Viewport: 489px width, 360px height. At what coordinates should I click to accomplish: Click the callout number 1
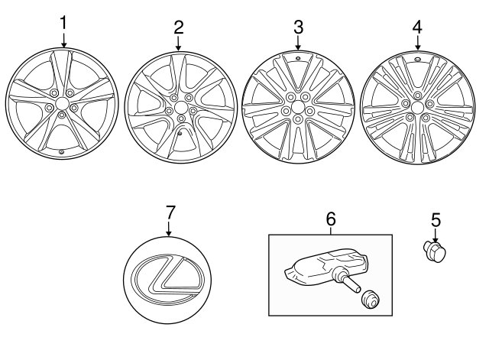tap(63, 24)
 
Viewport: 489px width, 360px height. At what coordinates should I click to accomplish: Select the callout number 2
tap(178, 27)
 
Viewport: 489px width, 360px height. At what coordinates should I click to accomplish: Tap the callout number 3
tap(298, 27)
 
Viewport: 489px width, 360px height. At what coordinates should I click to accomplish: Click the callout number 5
tap(436, 220)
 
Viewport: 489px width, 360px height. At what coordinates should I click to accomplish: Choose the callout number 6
tap(331, 219)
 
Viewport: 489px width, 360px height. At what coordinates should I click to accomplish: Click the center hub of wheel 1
tap(61, 103)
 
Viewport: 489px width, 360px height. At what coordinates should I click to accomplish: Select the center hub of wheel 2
tap(180, 108)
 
